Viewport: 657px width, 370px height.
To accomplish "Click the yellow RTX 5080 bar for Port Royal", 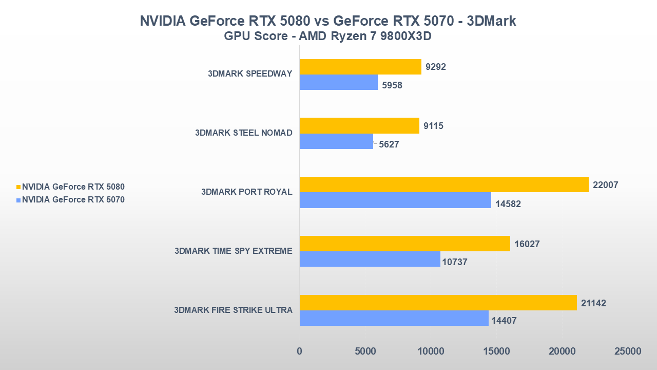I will click(x=444, y=184).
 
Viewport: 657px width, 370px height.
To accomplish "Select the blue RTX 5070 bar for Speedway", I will click(x=338, y=82).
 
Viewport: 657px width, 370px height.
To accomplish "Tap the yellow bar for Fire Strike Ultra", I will click(x=438, y=303).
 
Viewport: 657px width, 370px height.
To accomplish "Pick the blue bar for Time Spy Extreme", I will click(x=370, y=259).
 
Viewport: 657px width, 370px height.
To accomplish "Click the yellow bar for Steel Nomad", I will click(x=359, y=125).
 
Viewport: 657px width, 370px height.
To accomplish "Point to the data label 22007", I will click(x=606, y=185).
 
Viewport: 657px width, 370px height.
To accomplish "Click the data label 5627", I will click(x=389, y=145).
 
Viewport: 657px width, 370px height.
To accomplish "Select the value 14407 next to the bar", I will click(x=504, y=321).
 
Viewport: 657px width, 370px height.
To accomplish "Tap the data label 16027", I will click(x=527, y=244).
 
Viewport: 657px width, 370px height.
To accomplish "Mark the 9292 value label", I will click(x=436, y=67).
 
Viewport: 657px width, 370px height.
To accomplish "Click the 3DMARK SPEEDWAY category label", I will click(x=250, y=73).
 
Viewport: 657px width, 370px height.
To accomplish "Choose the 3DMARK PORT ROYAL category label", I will click(x=246, y=192).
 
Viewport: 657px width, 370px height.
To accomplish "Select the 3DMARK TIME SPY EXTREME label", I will click(x=233, y=251).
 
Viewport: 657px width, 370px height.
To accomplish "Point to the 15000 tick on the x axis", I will click(x=496, y=351).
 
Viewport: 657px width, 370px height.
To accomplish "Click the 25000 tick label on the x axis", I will click(x=627, y=351).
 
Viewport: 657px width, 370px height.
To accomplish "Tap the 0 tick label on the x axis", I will click(x=300, y=351).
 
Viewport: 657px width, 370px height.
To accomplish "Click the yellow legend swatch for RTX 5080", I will click(x=19, y=187).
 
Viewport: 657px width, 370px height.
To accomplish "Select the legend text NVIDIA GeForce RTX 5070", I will click(x=73, y=200).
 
